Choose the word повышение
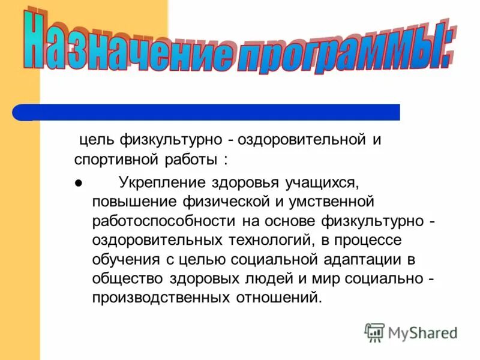[128, 200]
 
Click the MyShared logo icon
[374, 331]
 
